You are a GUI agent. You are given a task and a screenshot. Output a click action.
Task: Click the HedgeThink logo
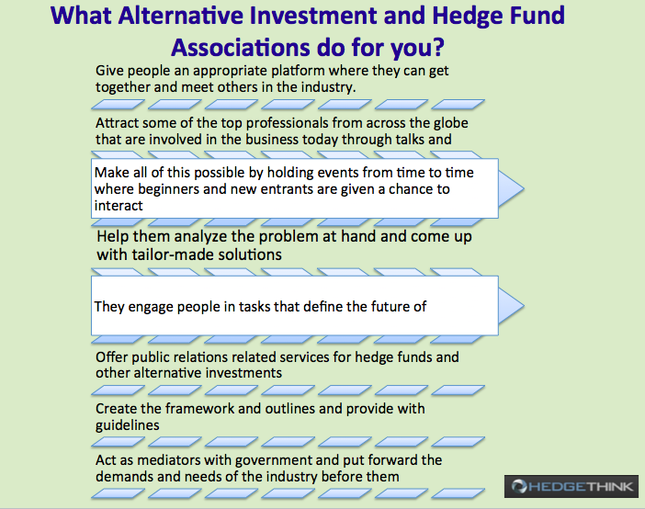pyautogui.click(x=571, y=486)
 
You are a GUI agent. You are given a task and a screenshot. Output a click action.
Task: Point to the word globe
pyautogui.click(x=448, y=123)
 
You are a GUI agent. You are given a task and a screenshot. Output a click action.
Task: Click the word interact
pyautogui.click(x=119, y=205)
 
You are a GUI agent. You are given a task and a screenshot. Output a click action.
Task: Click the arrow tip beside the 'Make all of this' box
pyautogui.click(x=524, y=189)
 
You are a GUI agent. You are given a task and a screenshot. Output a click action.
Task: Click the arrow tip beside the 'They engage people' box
pyautogui.click(x=524, y=306)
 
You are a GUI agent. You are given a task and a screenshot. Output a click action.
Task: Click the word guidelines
pyautogui.click(x=128, y=425)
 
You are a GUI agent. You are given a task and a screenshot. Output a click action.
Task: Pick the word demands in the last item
pyautogui.click(x=124, y=477)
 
